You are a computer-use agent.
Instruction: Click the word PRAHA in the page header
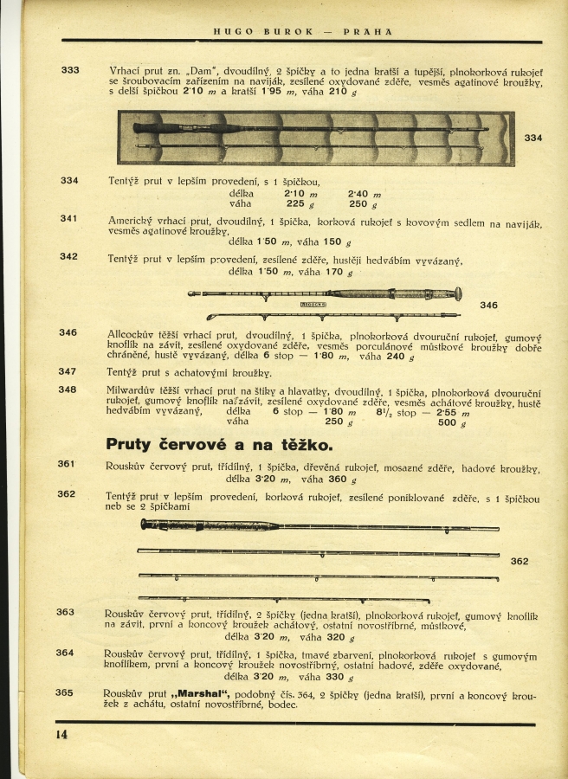tap(368, 32)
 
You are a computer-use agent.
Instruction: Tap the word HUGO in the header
tap(233, 32)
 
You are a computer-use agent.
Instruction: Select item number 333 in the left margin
tap(70, 70)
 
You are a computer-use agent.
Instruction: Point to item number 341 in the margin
tap(69, 218)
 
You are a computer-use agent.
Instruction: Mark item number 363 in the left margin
tap(66, 612)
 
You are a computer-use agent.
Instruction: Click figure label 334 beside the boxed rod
tap(533, 138)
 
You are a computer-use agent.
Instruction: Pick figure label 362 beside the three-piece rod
tap(520, 561)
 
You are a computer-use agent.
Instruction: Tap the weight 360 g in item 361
tap(337, 479)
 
